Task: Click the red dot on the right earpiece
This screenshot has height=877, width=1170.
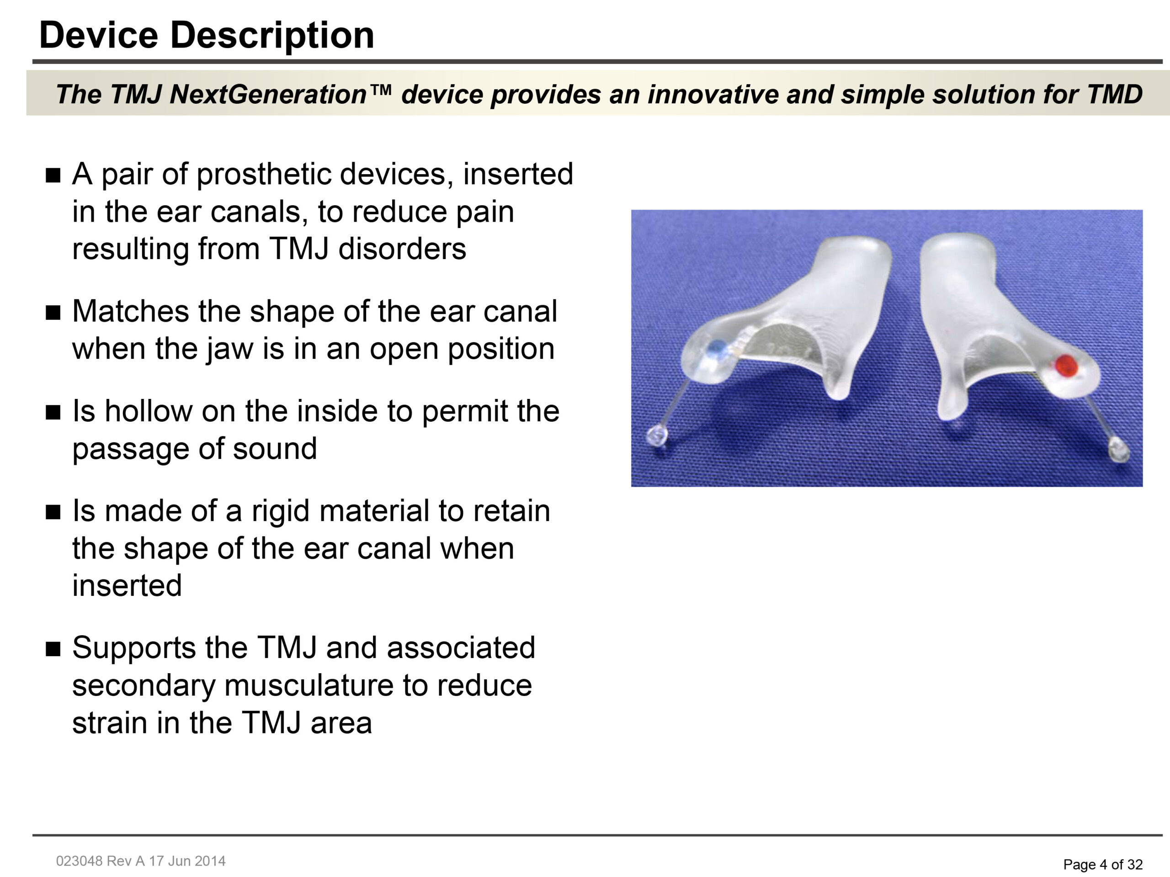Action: point(1066,366)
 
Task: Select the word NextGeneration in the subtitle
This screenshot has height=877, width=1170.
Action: point(269,94)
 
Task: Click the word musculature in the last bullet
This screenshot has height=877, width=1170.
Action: point(309,686)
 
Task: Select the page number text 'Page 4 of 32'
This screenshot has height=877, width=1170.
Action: point(1103,864)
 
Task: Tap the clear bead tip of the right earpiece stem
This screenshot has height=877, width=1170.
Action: point(1118,450)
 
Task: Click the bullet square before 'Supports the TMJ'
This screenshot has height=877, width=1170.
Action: point(53,649)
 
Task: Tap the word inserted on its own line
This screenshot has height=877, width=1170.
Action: point(127,585)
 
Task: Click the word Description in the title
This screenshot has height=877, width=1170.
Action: point(272,36)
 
